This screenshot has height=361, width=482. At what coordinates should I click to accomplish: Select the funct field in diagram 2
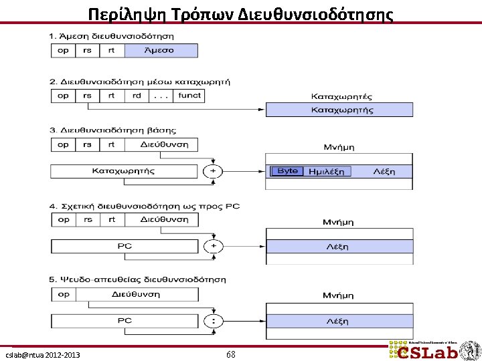tap(189, 96)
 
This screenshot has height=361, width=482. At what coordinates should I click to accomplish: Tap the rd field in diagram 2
tap(137, 96)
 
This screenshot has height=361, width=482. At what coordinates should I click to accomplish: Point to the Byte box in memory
tap(287, 171)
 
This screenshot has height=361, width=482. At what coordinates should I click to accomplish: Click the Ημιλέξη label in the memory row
tap(326, 172)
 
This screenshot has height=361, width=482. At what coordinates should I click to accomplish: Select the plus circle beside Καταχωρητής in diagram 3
tap(213, 171)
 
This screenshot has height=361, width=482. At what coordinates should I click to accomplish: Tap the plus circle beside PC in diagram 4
tap(213, 246)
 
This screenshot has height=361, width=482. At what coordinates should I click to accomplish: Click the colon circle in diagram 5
tap(213, 321)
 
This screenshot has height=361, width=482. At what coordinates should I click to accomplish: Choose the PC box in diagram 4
tap(125, 246)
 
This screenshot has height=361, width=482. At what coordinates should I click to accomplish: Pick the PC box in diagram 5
tap(125, 321)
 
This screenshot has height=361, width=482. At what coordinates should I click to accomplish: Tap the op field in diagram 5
tap(64, 294)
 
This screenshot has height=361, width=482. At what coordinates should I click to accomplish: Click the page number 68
tap(230, 354)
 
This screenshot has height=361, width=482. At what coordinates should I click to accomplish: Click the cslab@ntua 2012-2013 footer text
tap(43, 354)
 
